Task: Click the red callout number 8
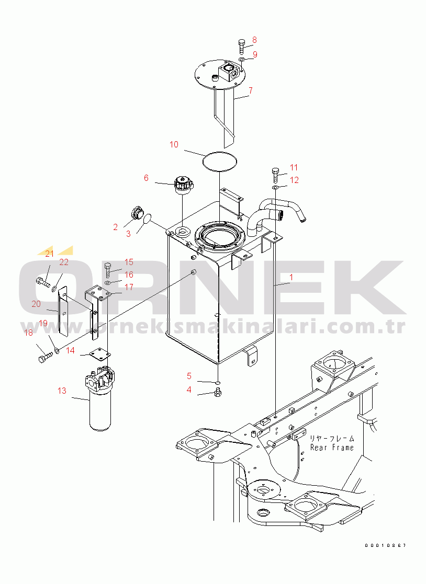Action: coord(254,40)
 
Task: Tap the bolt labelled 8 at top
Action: coord(241,47)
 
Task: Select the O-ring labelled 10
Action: coord(220,161)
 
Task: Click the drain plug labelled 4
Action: coord(218,392)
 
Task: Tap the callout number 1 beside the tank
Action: coord(292,278)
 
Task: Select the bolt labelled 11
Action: coord(275,175)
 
